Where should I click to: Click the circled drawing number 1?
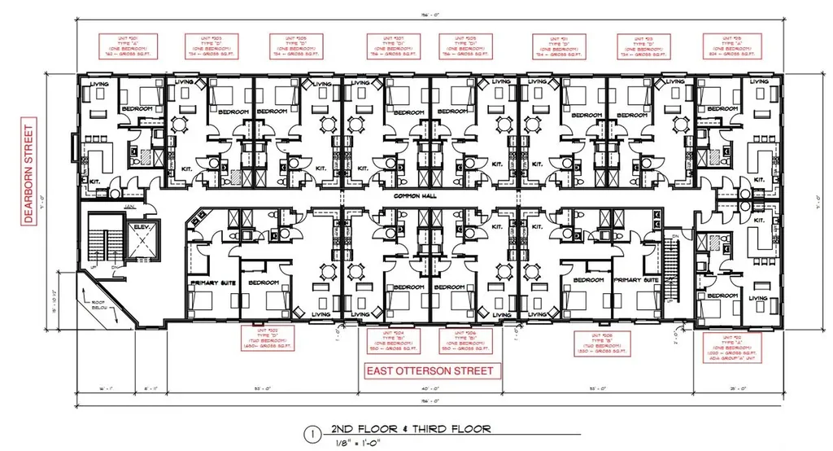(x=309, y=436)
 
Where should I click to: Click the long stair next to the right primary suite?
(x=672, y=269)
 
